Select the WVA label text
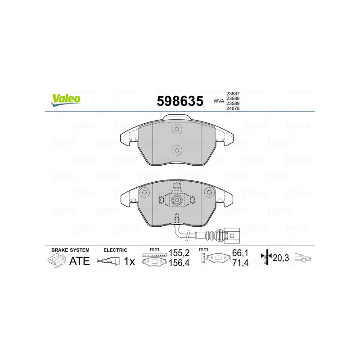click(219, 101)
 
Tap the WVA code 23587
click(232, 93)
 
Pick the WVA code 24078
click(232, 108)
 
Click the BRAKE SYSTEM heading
click(70, 250)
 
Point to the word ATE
click(79, 261)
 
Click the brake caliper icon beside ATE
click(56, 260)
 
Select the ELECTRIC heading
click(116, 250)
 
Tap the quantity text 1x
click(130, 261)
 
